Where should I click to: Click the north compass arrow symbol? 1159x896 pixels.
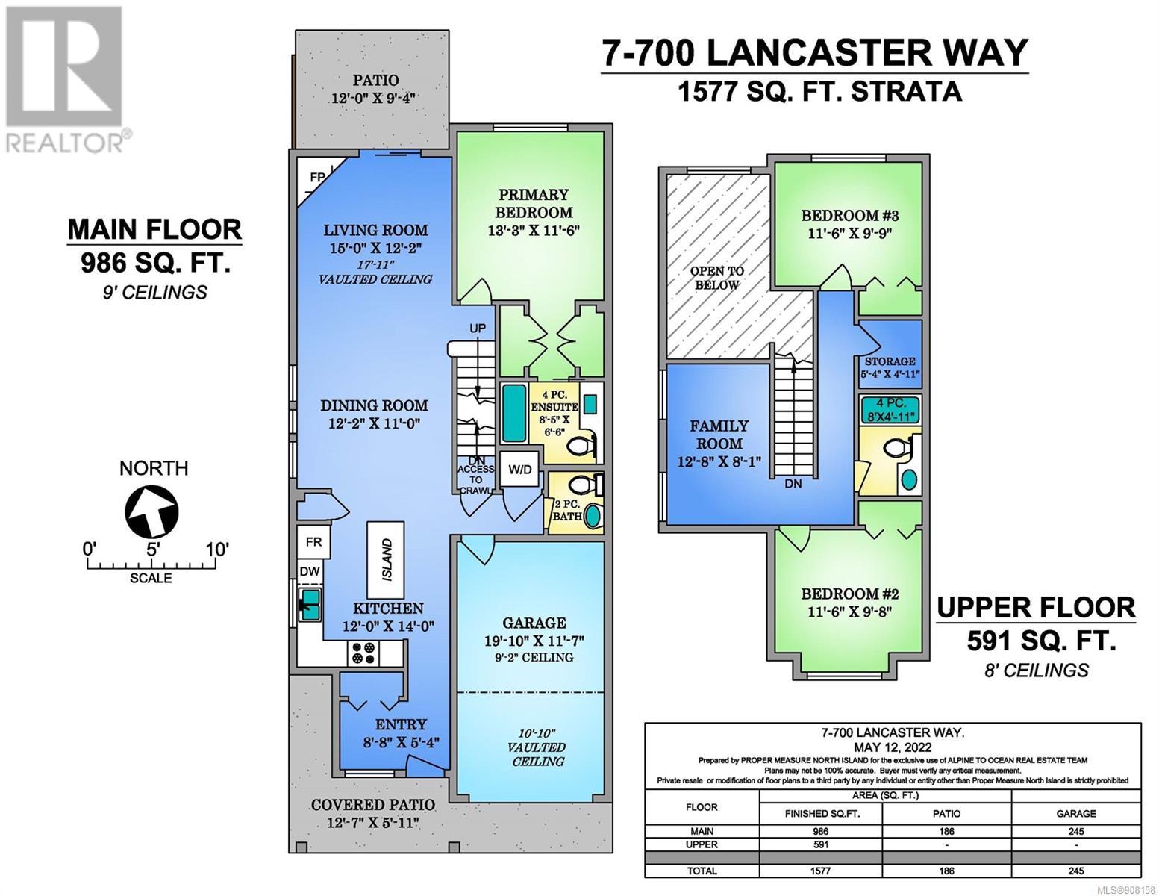click(151, 511)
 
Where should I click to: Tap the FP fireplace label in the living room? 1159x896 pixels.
click(317, 177)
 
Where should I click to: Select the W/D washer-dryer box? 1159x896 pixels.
click(519, 470)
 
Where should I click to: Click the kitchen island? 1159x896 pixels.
click(386, 560)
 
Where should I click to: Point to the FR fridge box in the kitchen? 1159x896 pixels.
click(313, 542)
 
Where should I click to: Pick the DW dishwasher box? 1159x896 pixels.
click(310, 571)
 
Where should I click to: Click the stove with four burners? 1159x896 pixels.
click(363, 653)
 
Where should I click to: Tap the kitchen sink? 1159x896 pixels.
click(311, 604)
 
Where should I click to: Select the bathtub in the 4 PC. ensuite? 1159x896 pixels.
click(515, 413)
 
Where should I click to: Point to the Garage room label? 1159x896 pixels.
click(534, 622)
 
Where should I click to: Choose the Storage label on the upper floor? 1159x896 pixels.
click(890, 361)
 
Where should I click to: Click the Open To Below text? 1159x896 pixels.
click(716, 278)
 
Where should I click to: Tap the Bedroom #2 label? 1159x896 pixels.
click(849, 594)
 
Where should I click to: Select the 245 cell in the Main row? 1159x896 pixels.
click(1076, 832)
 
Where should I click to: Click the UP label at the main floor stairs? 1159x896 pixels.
click(477, 329)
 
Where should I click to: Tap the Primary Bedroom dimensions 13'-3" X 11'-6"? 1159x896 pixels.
click(534, 231)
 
